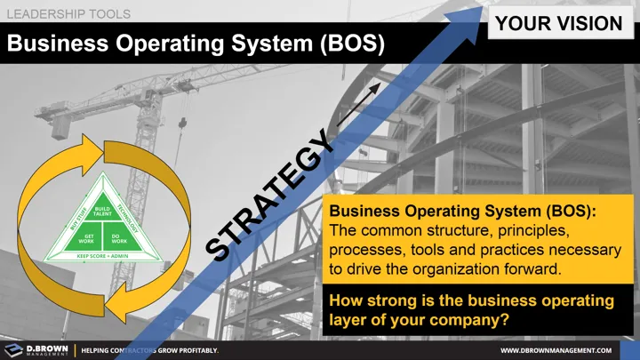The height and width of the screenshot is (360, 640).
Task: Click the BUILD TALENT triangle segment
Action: (102, 211)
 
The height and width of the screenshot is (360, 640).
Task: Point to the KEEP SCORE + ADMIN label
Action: (102, 256)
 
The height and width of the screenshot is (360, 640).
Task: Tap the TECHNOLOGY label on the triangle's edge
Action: (130, 219)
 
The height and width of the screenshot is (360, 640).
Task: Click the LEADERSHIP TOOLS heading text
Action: (69, 14)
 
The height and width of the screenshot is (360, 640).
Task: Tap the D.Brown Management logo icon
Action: (13, 350)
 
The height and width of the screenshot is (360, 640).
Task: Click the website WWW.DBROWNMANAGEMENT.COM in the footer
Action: (564, 351)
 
